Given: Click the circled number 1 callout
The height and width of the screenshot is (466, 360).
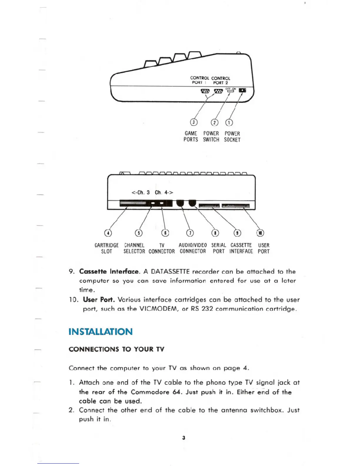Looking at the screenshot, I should coord(229,122).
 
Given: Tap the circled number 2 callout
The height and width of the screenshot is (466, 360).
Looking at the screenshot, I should coord(215,122).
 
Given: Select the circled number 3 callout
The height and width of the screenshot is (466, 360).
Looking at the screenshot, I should coord(194,122).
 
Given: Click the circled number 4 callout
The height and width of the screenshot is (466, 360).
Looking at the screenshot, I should coord(109,233).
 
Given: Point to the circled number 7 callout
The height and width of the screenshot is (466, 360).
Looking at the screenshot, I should coord(190,233).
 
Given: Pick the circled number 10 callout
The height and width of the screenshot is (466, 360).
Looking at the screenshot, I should coord(260,233).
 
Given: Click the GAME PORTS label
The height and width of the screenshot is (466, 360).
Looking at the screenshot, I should coord(191,137).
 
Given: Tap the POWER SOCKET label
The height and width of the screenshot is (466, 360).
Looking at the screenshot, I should coord(232,137).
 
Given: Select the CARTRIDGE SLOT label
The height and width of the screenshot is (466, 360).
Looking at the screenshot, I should coord(106,248).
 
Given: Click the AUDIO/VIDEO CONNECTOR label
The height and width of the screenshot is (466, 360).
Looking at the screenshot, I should coord(193,248).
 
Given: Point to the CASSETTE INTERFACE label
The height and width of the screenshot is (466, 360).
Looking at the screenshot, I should coord(241,248).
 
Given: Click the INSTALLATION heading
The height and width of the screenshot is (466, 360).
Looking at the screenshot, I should coord(100,332).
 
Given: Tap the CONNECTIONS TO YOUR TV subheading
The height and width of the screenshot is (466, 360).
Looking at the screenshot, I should coord(116,349).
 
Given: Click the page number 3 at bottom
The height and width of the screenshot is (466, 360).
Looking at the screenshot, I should coord(184,438).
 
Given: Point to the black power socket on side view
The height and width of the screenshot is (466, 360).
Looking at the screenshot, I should coord(242,90).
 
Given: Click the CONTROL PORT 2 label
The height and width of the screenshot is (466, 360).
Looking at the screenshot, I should coord(221,80).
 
